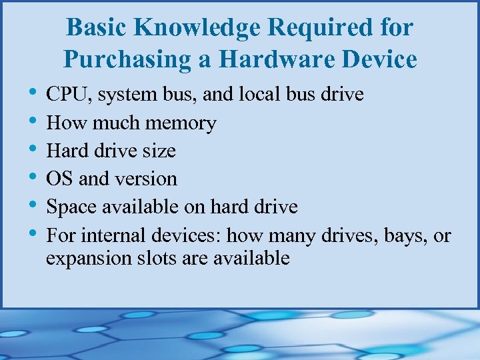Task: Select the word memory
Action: [x=181, y=123]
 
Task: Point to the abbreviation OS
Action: [x=59, y=179]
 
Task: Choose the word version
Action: [x=147, y=179]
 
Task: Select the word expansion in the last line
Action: [x=83, y=258]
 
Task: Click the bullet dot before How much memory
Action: [x=33, y=121]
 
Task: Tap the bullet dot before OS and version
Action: [x=33, y=177]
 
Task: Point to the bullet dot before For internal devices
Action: [x=33, y=233]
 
